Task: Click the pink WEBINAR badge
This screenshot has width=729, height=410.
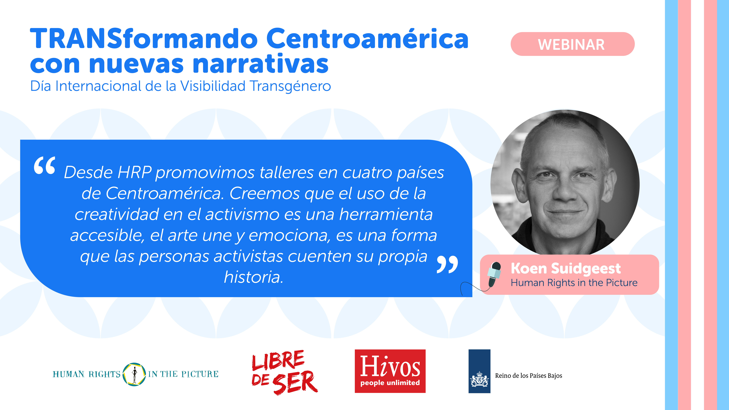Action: pyautogui.click(x=573, y=44)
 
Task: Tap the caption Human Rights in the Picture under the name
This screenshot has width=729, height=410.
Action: pyautogui.click(x=574, y=283)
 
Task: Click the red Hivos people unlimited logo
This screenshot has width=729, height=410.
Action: pyautogui.click(x=390, y=371)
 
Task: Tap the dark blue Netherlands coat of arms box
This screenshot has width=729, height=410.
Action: pyautogui.click(x=479, y=371)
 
